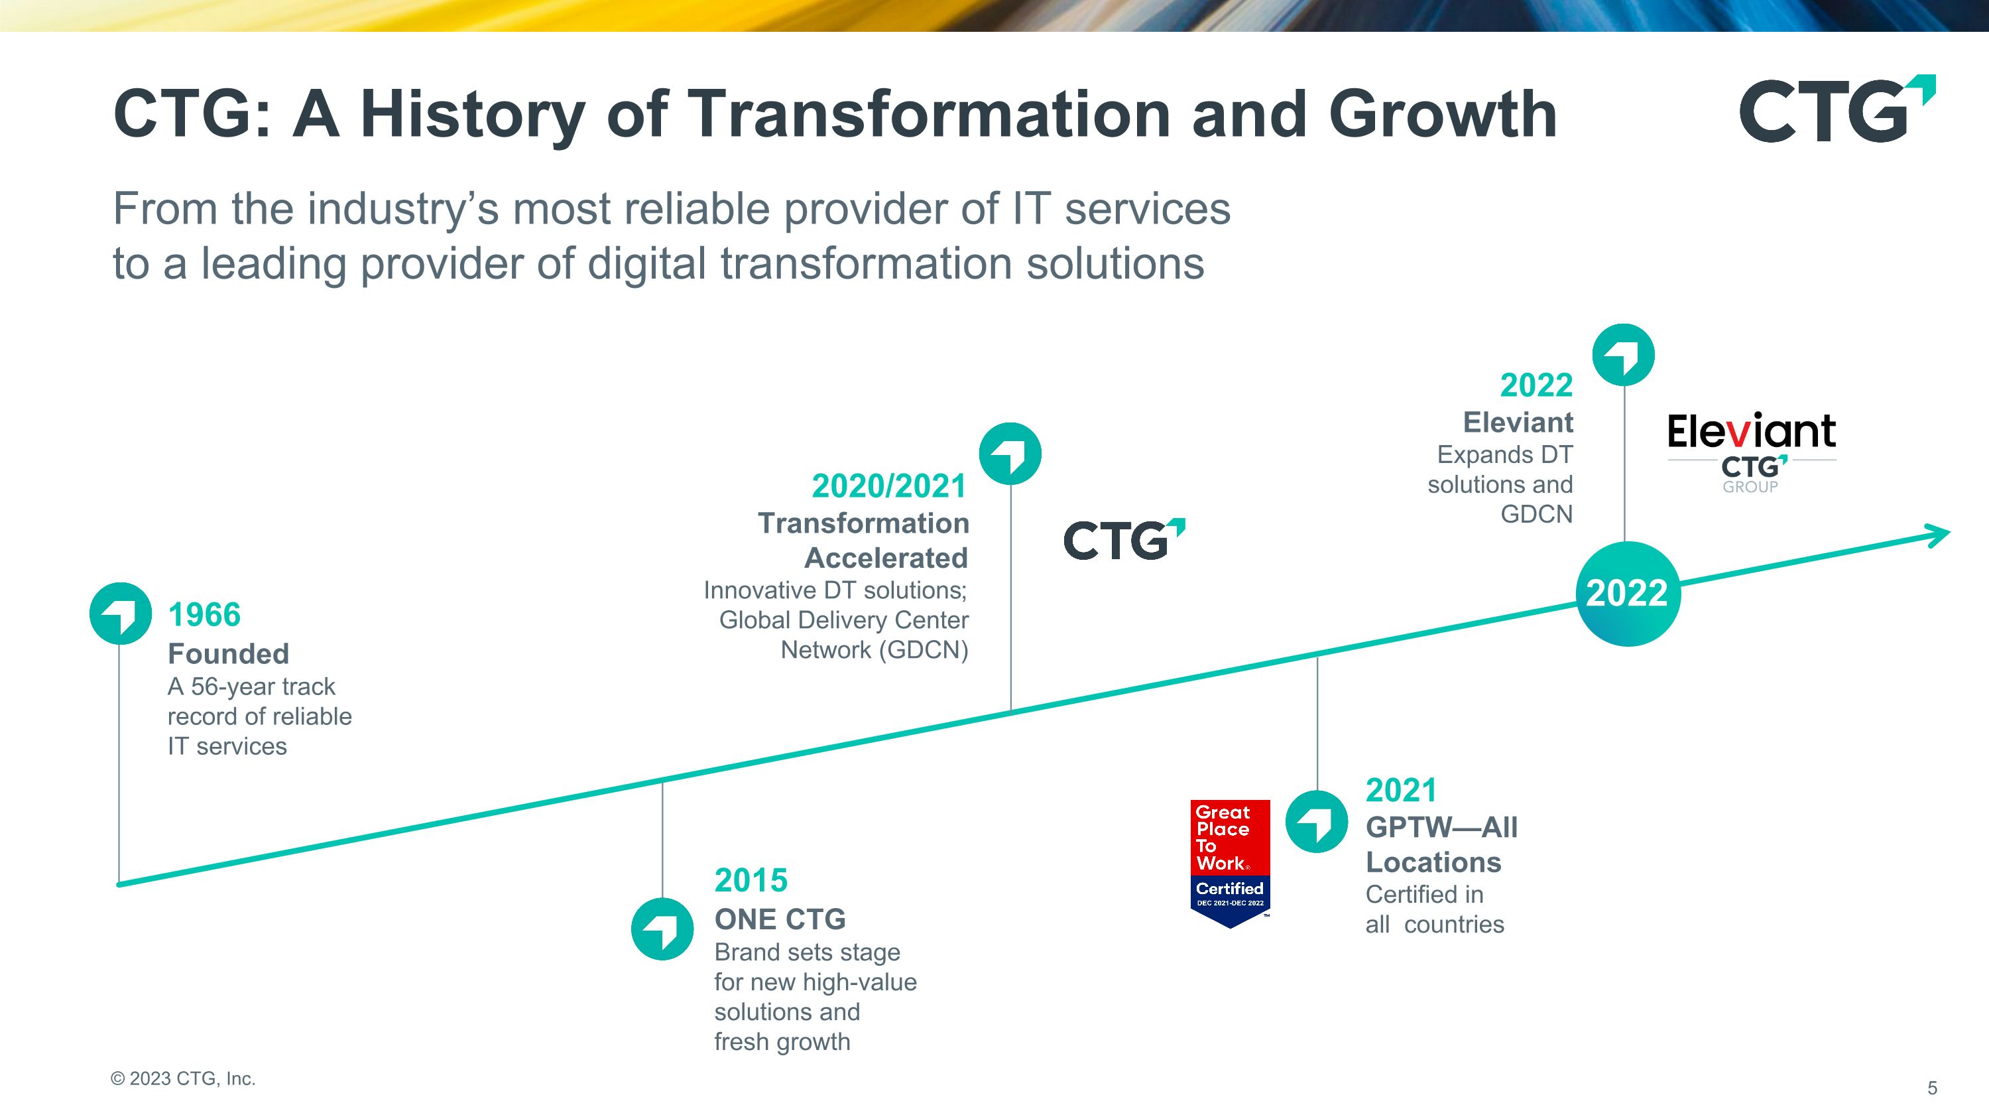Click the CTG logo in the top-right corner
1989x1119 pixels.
pyautogui.click(x=1837, y=109)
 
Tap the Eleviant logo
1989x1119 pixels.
pyautogui.click(x=1751, y=452)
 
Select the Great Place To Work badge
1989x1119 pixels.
pyautogui.click(x=1230, y=864)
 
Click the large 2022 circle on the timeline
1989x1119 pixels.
pyautogui.click(x=1627, y=593)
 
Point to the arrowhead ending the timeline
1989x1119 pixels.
pyautogui.click(x=1936, y=535)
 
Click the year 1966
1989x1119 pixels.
pyautogui.click(x=205, y=615)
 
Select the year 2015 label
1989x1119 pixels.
pyautogui.click(x=751, y=880)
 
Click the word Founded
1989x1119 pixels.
pyautogui.click(x=229, y=653)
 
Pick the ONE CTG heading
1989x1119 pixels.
pyautogui.click(x=780, y=919)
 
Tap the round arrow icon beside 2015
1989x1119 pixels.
pyautogui.click(x=662, y=929)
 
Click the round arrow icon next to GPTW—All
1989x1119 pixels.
pyautogui.click(x=1317, y=822)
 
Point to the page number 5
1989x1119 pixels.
pyautogui.click(x=1933, y=1088)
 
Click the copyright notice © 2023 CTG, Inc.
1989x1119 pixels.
pyautogui.click(x=183, y=1079)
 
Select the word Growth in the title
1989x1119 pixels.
pyautogui.click(x=1443, y=113)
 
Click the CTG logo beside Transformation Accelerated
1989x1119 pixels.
pyautogui.click(x=1124, y=539)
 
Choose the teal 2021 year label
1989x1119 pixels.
pyautogui.click(x=1402, y=790)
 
